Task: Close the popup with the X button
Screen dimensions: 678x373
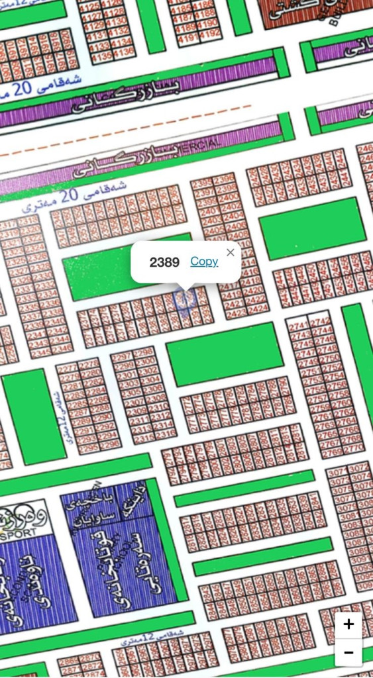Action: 230,252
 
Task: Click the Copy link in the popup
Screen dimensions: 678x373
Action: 204,262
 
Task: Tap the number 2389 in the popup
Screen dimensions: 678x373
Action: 164,262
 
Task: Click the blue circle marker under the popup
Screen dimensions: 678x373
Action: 184,299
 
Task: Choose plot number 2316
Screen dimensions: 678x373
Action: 166,433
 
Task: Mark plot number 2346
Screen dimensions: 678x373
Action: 62,348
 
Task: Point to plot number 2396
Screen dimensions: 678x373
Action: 224,179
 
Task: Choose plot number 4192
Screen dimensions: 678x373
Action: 209,33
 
